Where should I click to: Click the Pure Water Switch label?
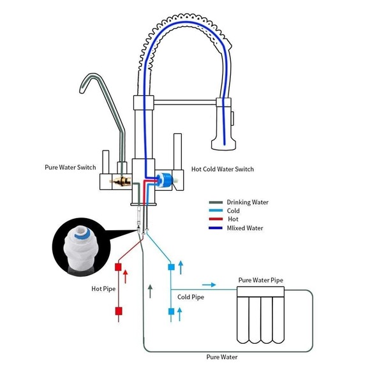(x=70, y=168)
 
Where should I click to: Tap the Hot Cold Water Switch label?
(x=223, y=169)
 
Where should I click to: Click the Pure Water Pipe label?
(x=260, y=279)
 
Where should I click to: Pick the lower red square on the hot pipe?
(x=118, y=311)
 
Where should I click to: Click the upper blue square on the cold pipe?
(x=170, y=266)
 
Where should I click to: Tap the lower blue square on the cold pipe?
(x=170, y=311)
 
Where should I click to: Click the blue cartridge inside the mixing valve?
(x=167, y=180)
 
